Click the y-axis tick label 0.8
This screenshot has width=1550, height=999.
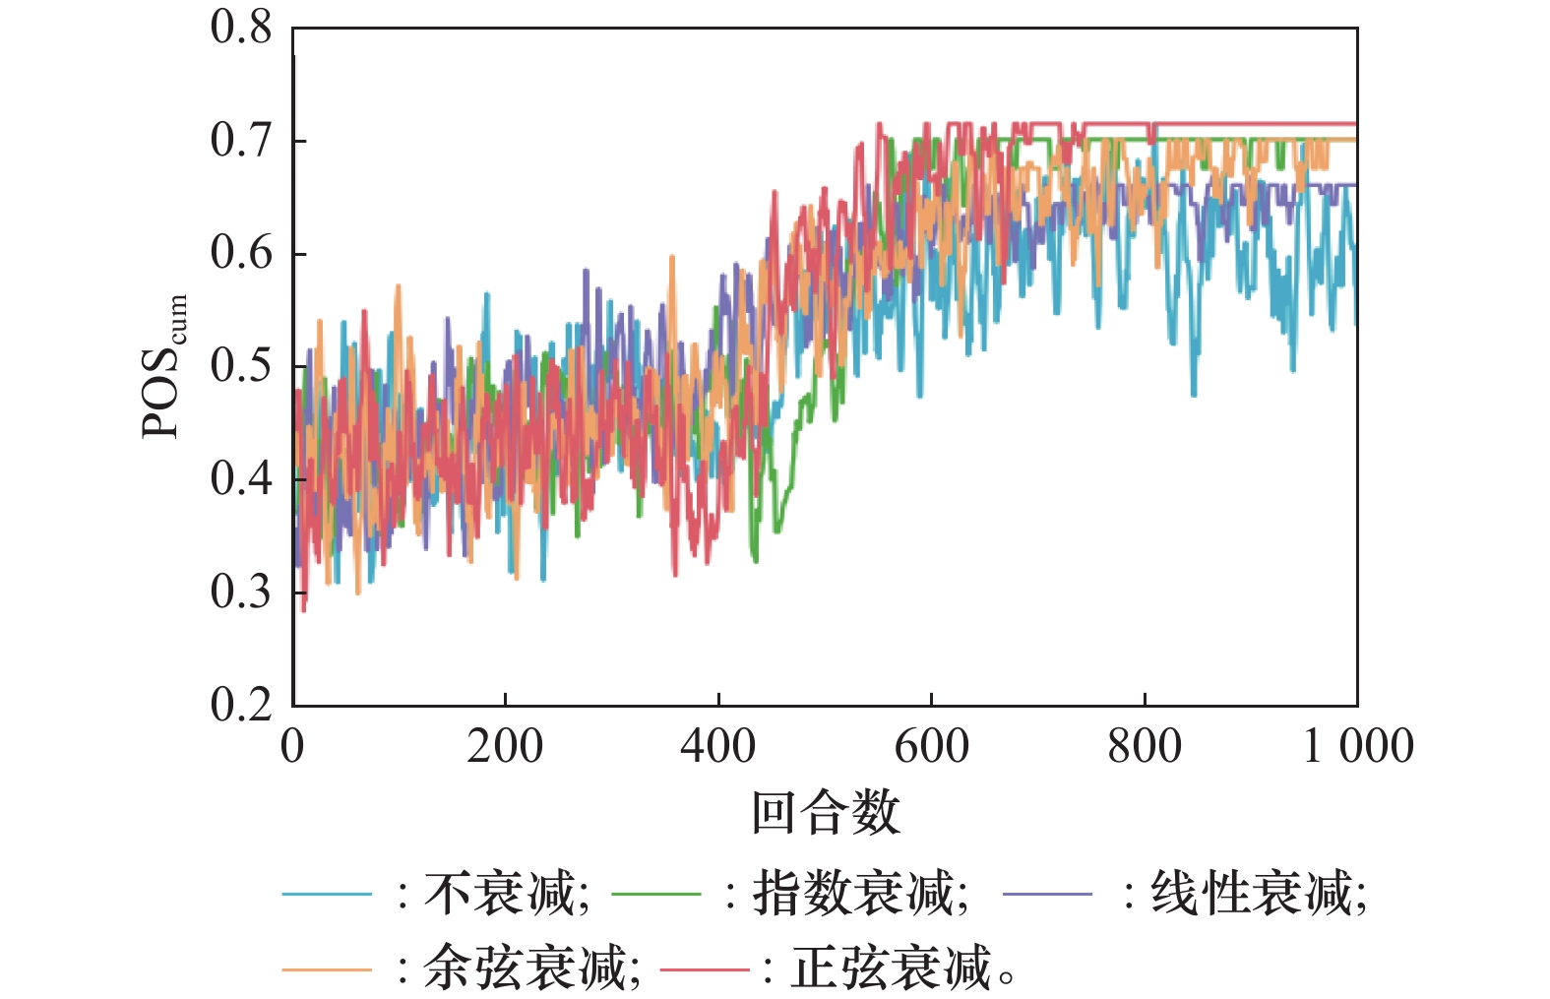pyautogui.click(x=240, y=28)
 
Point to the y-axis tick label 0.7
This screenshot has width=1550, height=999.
pyautogui.click(x=240, y=141)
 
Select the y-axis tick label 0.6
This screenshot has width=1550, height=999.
pyautogui.click(x=240, y=254)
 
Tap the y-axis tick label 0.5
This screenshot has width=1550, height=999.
pyautogui.click(x=240, y=366)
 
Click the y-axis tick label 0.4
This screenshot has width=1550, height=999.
pyautogui.click(x=240, y=479)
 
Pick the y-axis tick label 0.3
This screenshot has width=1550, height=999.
pyautogui.click(x=240, y=593)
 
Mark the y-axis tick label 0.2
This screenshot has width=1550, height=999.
pyautogui.click(x=240, y=705)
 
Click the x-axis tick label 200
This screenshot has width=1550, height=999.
pyautogui.click(x=505, y=746)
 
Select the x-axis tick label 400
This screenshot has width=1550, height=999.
pyautogui.click(x=718, y=746)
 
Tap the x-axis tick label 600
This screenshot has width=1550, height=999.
pyautogui.click(x=931, y=746)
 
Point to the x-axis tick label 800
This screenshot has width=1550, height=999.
pyautogui.click(x=1145, y=746)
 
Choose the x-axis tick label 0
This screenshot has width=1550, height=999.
pyautogui.click(x=292, y=746)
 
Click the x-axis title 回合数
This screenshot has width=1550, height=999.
pyautogui.click(x=826, y=813)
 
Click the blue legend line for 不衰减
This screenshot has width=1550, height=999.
pyautogui.click(x=327, y=894)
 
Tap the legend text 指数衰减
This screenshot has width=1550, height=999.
pyautogui.click(x=853, y=894)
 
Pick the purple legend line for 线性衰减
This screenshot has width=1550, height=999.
pyautogui.click(x=1047, y=894)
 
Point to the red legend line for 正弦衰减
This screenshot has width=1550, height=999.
pyautogui.click(x=705, y=969)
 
